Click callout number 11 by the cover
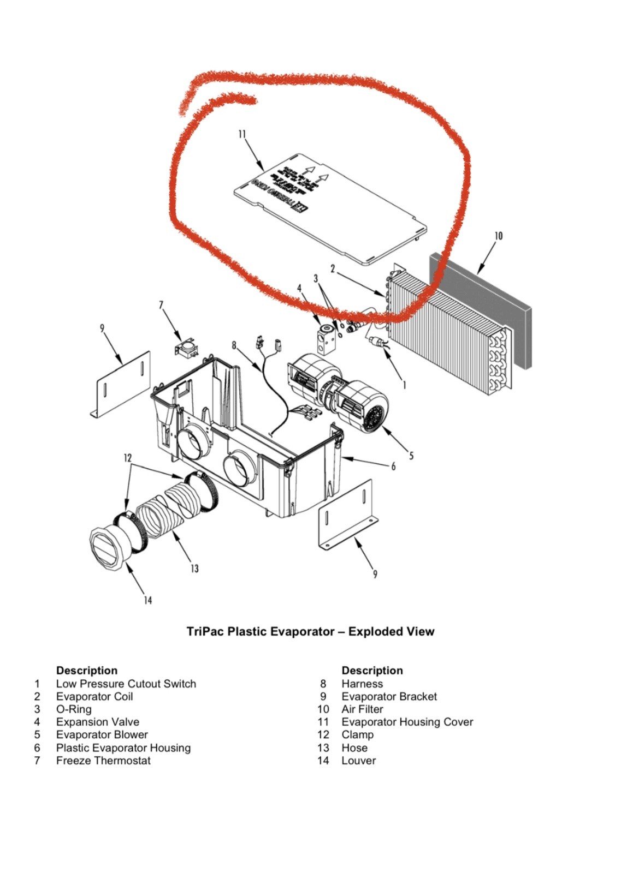pos(242,134)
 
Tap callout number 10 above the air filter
pos(498,236)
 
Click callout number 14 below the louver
pos(147,600)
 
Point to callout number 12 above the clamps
pos(128,458)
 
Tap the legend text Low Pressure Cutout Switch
pos(126,684)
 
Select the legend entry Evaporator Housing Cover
pos(407,722)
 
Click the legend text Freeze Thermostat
pos(103,761)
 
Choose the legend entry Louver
pos(358,761)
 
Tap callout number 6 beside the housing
pos(393,466)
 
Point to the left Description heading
pos(86,670)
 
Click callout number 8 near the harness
pos(234,345)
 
